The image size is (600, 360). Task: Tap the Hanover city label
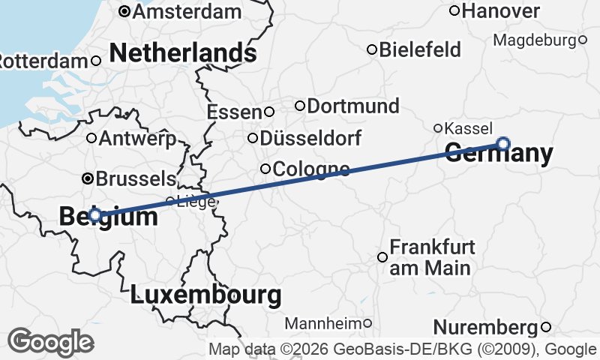tap(502, 10)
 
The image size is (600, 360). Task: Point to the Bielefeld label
tap(420, 50)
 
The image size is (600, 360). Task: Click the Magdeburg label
tap(535, 39)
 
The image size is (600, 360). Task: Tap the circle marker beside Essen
tap(269, 112)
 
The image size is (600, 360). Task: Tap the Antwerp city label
tap(137, 138)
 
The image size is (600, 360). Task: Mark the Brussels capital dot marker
tap(88, 178)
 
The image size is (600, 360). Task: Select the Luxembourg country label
tap(206, 295)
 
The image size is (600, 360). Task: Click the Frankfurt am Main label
tap(430, 257)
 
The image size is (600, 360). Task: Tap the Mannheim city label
tap(323, 324)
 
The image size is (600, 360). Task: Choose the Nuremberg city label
tap(486, 327)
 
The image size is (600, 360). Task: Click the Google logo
tap(51, 342)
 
